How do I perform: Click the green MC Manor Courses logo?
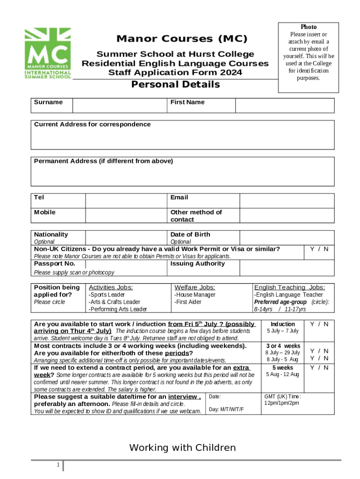tap(48, 53)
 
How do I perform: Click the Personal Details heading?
tap(175, 85)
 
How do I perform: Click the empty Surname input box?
tap(120, 106)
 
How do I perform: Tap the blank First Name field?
tap(284, 106)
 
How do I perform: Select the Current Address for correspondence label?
tap(92, 124)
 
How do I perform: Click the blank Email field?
tap(287, 201)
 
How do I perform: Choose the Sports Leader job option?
tap(107, 295)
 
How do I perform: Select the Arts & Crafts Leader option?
tap(115, 302)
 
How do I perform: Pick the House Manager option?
tap(195, 295)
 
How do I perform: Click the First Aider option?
tap(188, 302)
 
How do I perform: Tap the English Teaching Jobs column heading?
tap(289, 287)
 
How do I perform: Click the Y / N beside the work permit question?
tap(319, 249)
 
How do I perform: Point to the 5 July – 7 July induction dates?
tap(283, 331)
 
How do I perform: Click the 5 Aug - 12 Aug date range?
tap(283, 374)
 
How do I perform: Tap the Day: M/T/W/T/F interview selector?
tap(226, 409)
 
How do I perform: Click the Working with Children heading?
tap(182, 448)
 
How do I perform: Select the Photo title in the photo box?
tap(309, 27)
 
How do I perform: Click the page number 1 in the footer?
tap(57, 465)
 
